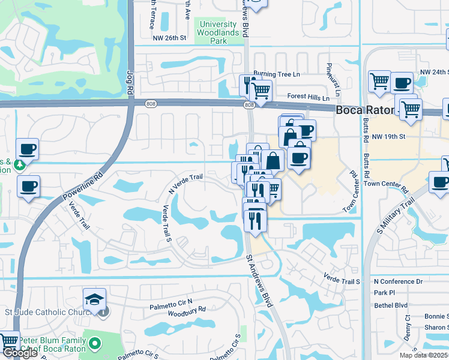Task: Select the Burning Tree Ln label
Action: click(x=276, y=74)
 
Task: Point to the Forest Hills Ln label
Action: click(x=309, y=97)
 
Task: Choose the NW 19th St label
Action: click(x=389, y=137)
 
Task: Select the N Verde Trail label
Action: click(x=187, y=184)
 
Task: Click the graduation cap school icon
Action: click(x=94, y=299)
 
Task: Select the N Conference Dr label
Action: click(x=398, y=281)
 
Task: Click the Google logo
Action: click(x=20, y=353)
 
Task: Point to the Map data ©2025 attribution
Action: click(x=424, y=355)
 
